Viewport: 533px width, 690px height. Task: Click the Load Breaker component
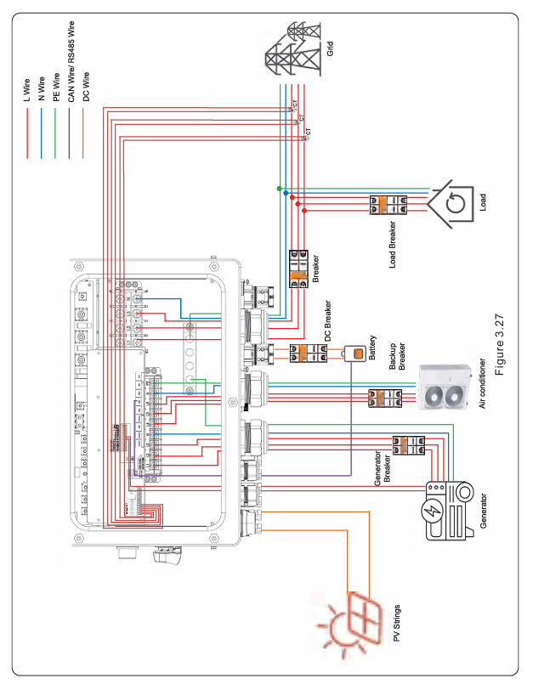(x=387, y=204)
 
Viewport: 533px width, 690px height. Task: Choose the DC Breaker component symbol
(x=304, y=354)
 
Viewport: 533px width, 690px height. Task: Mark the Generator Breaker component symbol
(x=406, y=449)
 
